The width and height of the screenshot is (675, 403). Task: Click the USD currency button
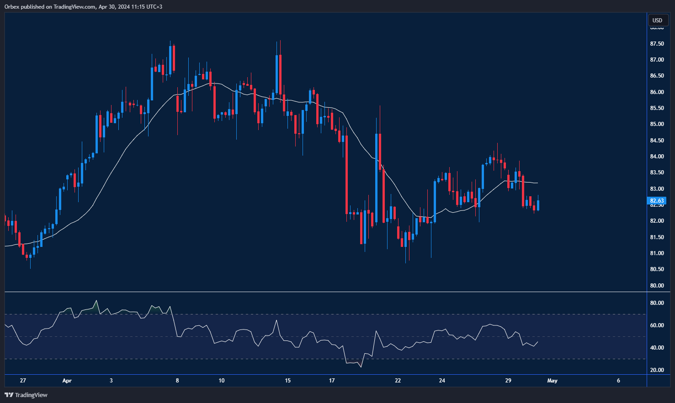[x=657, y=20]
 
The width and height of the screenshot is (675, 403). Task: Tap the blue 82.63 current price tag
[x=657, y=201]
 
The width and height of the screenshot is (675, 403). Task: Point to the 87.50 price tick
[x=657, y=44]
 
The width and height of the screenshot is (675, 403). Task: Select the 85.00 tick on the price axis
[x=657, y=124]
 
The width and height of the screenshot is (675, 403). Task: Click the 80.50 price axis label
[x=657, y=269]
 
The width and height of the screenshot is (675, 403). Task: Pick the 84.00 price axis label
[x=657, y=157]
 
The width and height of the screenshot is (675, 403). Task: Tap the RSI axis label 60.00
[x=657, y=325]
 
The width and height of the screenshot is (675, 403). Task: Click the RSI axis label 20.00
[x=657, y=370]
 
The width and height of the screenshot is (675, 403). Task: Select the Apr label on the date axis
[x=67, y=381]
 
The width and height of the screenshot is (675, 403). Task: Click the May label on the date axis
[x=552, y=381]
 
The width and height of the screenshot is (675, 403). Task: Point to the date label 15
[x=287, y=381]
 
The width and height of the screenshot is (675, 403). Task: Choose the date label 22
[x=398, y=381]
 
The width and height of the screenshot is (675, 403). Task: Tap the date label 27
[x=23, y=381]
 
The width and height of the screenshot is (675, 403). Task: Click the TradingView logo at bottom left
[x=26, y=395]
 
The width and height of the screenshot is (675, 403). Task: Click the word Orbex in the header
[x=12, y=7]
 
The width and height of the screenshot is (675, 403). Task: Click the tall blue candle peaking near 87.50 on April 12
[x=276, y=73]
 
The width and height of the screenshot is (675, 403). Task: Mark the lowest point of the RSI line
[x=361, y=367]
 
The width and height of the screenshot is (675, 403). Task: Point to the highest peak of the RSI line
[x=96, y=301]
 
